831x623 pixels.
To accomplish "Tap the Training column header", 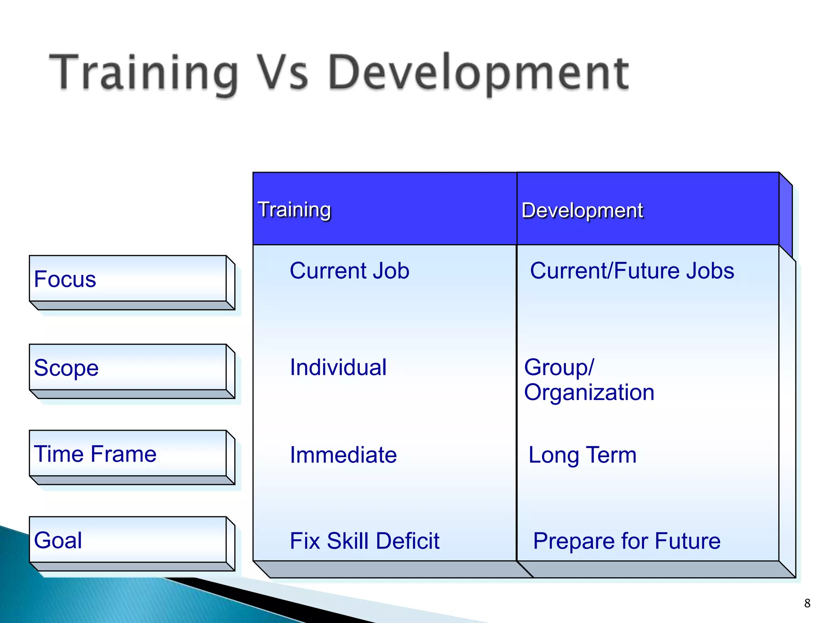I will click(295, 210).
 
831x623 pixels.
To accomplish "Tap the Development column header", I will click(582, 210).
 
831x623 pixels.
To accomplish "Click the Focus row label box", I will click(128, 279).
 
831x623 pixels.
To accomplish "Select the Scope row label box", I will click(128, 367).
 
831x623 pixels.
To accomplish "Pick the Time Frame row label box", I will click(128, 453).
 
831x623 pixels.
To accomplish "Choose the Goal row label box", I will click(128, 540).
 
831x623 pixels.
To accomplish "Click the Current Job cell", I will click(349, 271).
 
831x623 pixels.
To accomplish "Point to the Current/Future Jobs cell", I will click(632, 271).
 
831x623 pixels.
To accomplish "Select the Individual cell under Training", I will click(338, 367).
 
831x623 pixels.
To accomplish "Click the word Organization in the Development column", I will click(589, 392).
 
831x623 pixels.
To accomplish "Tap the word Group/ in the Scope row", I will click(559, 367).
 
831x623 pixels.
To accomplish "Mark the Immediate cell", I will click(343, 455).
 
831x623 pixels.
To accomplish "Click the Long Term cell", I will click(582, 455).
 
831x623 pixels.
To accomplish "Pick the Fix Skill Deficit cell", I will click(364, 541).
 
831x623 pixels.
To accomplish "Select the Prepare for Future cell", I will click(626, 541).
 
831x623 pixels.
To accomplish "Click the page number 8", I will click(807, 603).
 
